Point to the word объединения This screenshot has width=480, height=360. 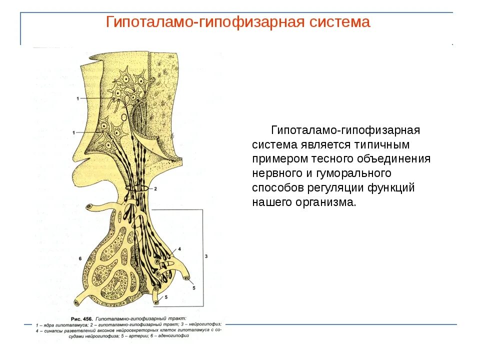tap(394, 159)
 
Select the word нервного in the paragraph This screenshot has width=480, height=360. tap(277, 173)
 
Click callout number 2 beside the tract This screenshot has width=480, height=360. tap(155, 189)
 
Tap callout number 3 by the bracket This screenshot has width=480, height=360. tap(206, 256)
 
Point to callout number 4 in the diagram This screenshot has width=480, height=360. tap(179, 248)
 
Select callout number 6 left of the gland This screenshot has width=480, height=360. tap(80, 258)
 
